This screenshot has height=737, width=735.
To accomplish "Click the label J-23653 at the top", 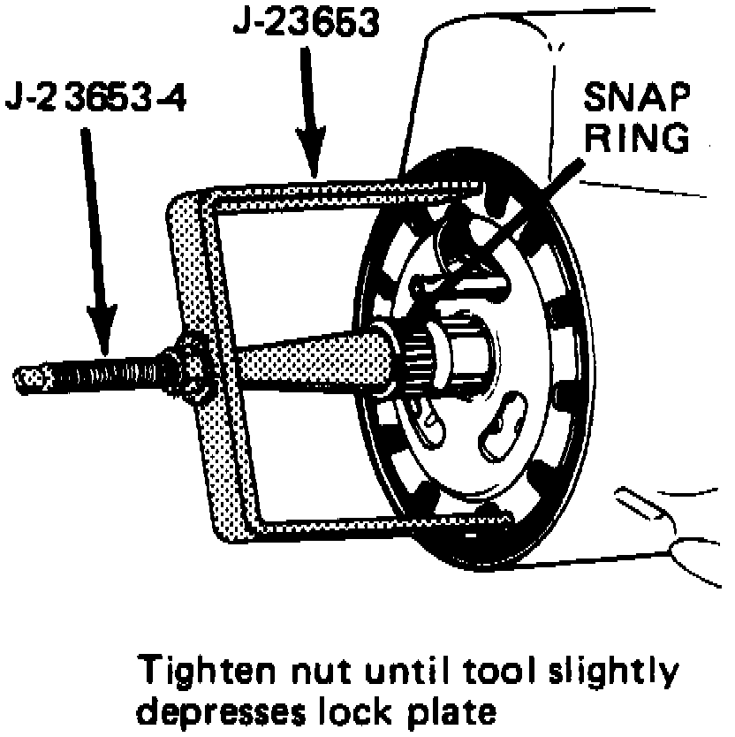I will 306,19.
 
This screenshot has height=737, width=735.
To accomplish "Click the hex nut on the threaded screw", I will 186,368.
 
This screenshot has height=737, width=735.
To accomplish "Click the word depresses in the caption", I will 225,710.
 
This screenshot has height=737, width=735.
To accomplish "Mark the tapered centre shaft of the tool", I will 300,361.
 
